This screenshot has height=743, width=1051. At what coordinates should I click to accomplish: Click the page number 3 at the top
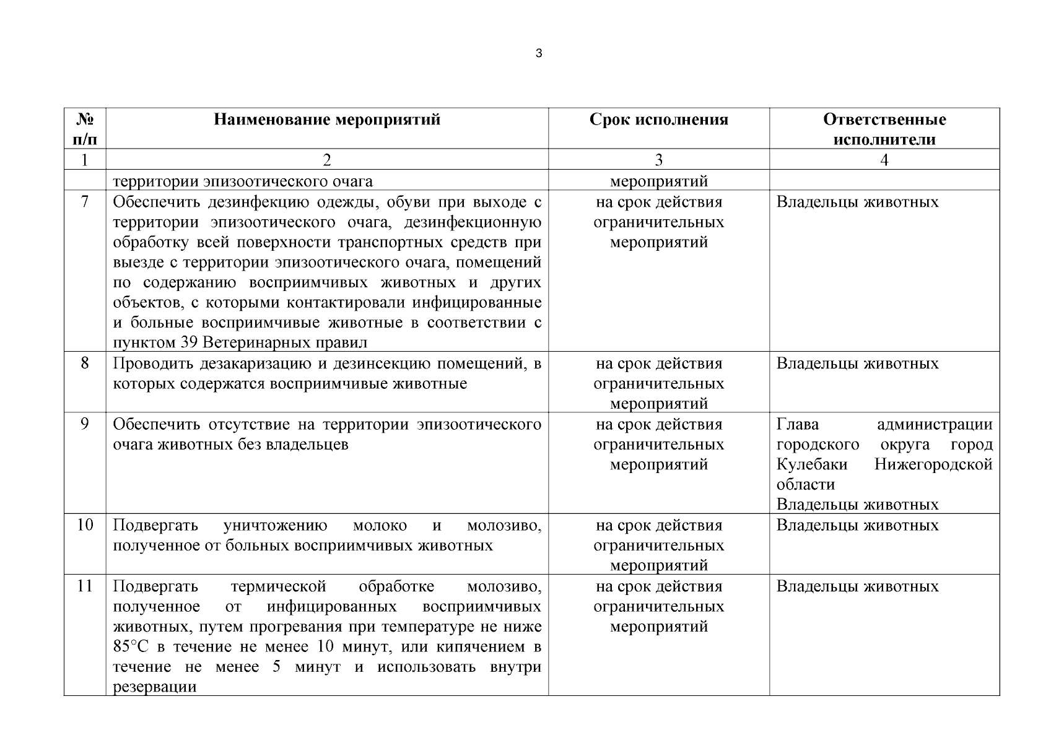pos(538,54)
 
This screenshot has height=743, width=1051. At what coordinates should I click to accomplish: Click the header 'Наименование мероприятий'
pos(327,119)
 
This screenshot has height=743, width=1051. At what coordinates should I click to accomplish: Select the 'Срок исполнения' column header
pos(658,119)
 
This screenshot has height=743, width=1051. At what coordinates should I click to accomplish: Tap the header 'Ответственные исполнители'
pos(884,129)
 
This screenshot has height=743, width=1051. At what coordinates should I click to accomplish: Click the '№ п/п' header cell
pos(85,129)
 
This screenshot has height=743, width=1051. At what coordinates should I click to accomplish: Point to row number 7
pos(85,202)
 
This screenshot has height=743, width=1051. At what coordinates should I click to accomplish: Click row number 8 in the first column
pos(85,363)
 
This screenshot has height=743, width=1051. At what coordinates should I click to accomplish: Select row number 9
pos(85,424)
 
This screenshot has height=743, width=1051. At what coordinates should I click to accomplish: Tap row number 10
pos(85,525)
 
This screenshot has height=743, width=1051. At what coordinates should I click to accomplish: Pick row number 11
pos(85,586)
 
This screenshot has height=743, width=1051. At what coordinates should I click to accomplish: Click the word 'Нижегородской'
pos(933,464)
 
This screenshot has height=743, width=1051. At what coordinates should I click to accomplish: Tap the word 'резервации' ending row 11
pos(155,687)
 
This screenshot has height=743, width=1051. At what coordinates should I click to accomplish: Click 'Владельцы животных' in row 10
pos(857,525)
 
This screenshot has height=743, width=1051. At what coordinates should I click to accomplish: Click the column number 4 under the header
pos(884,160)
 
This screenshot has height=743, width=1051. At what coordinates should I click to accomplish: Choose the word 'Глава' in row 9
pos(798,424)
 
